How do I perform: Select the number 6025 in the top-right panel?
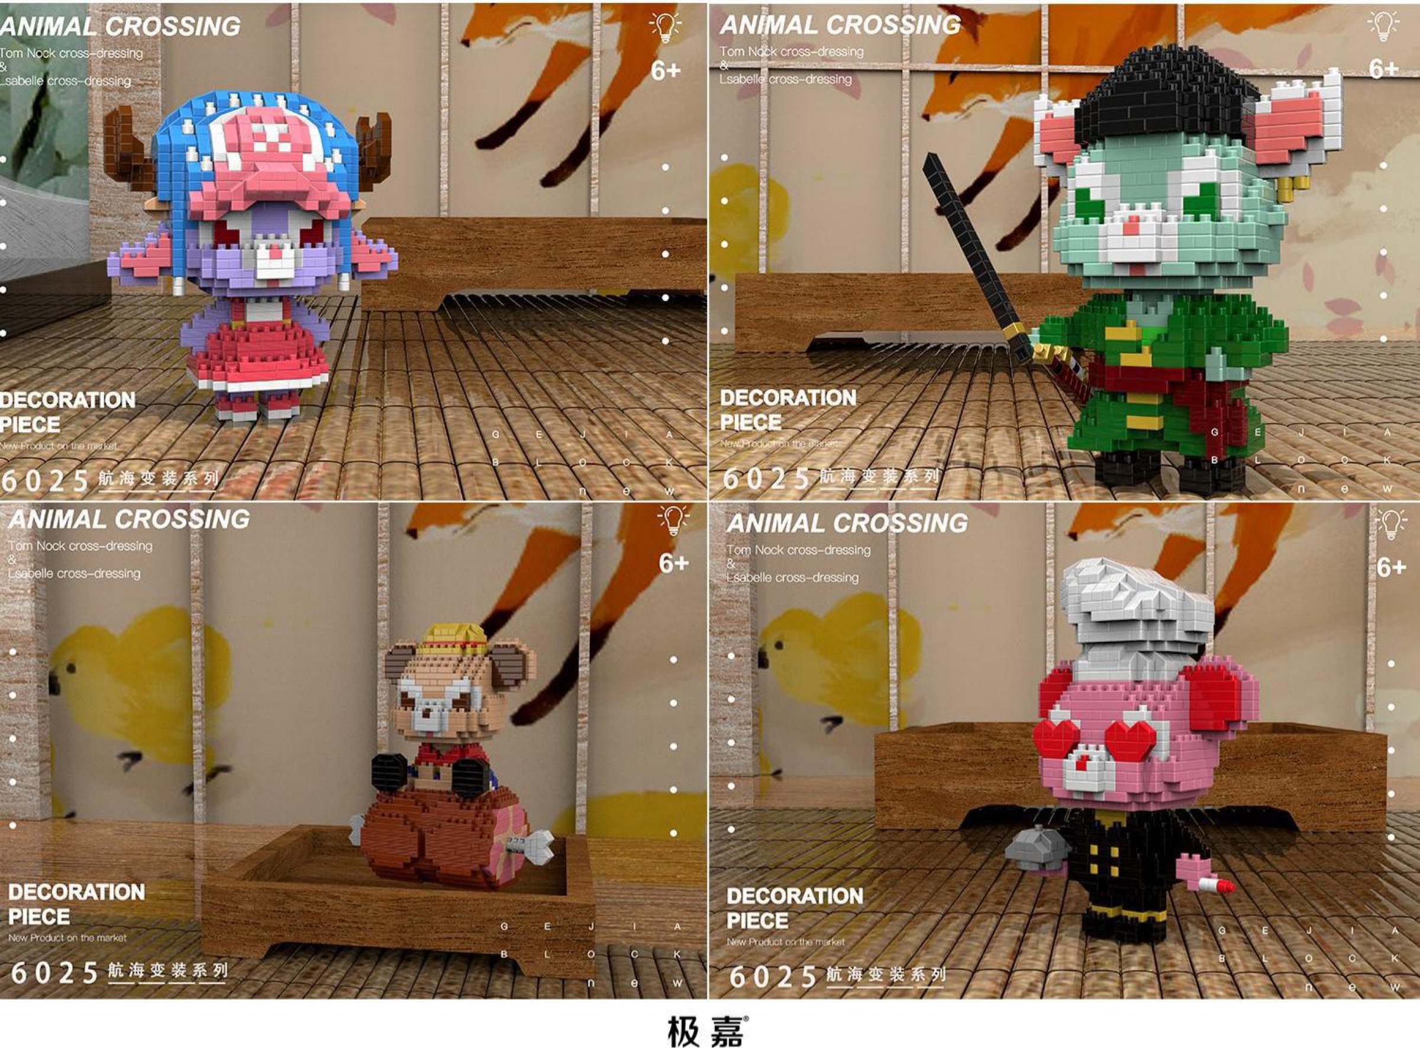(766, 478)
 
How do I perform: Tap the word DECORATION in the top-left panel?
(67, 400)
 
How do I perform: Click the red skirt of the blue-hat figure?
(260, 355)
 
